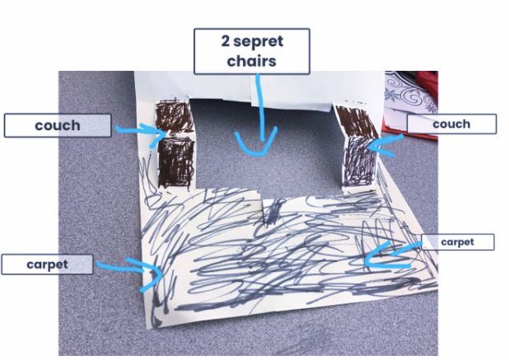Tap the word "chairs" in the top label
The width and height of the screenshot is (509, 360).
[x=251, y=61]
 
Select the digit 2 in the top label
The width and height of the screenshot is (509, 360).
[x=226, y=41]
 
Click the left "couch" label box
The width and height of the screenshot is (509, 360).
[x=58, y=125]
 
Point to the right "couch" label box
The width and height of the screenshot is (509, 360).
[x=451, y=124]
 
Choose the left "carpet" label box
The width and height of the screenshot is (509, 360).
[x=47, y=264]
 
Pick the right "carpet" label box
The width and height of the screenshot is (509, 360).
[x=458, y=242]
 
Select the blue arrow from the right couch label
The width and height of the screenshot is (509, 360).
[x=383, y=146]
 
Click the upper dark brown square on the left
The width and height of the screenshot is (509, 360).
[x=175, y=117]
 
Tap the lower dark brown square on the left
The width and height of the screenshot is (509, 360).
[x=176, y=162]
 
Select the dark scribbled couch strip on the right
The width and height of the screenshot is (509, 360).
[x=357, y=146]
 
